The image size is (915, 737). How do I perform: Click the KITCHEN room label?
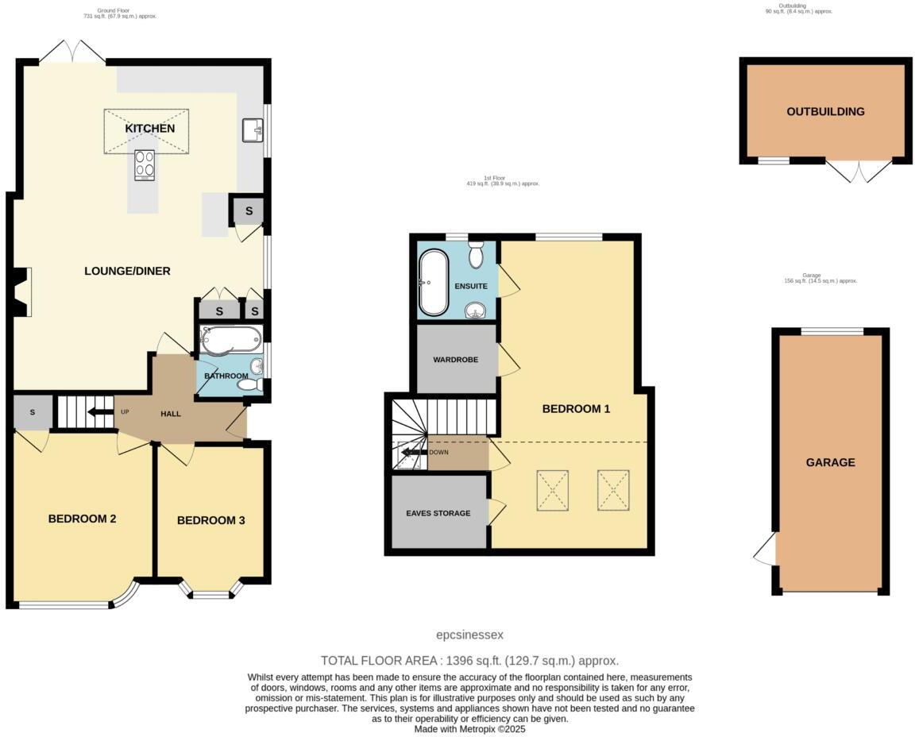tap(149, 129)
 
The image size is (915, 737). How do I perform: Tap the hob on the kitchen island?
tap(145, 165)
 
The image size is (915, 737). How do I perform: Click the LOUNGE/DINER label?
tap(127, 271)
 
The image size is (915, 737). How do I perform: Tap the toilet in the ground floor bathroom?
tap(249, 384)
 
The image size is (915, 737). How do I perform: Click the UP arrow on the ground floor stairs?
tap(100, 412)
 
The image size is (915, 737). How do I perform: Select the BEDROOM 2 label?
tap(83, 519)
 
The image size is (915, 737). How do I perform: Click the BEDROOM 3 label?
tap(210, 520)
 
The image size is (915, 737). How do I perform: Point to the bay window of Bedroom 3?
tap(210, 592)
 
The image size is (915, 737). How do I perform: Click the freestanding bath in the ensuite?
tap(434, 283)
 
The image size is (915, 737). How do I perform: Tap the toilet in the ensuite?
tap(477, 255)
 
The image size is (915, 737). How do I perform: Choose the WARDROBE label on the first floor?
tap(455, 360)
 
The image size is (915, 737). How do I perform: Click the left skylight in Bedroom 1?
tap(553, 488)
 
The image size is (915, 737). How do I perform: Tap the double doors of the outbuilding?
tap(859, 171)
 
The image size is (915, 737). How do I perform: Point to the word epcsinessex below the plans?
tap(470, 635)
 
